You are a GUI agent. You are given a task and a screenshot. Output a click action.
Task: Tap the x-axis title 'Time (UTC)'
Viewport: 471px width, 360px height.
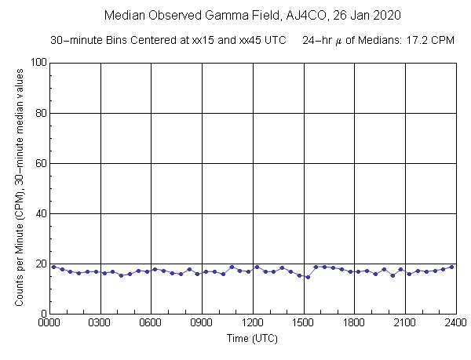(x=252, y=338)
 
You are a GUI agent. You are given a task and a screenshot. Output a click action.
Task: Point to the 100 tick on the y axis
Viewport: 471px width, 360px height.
(x=36, y=63)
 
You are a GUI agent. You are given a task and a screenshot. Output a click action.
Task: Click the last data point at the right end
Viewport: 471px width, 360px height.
(x=451, y=267)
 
